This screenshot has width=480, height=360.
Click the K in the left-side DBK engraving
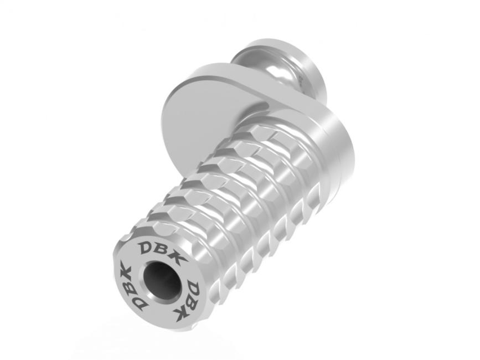125,271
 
